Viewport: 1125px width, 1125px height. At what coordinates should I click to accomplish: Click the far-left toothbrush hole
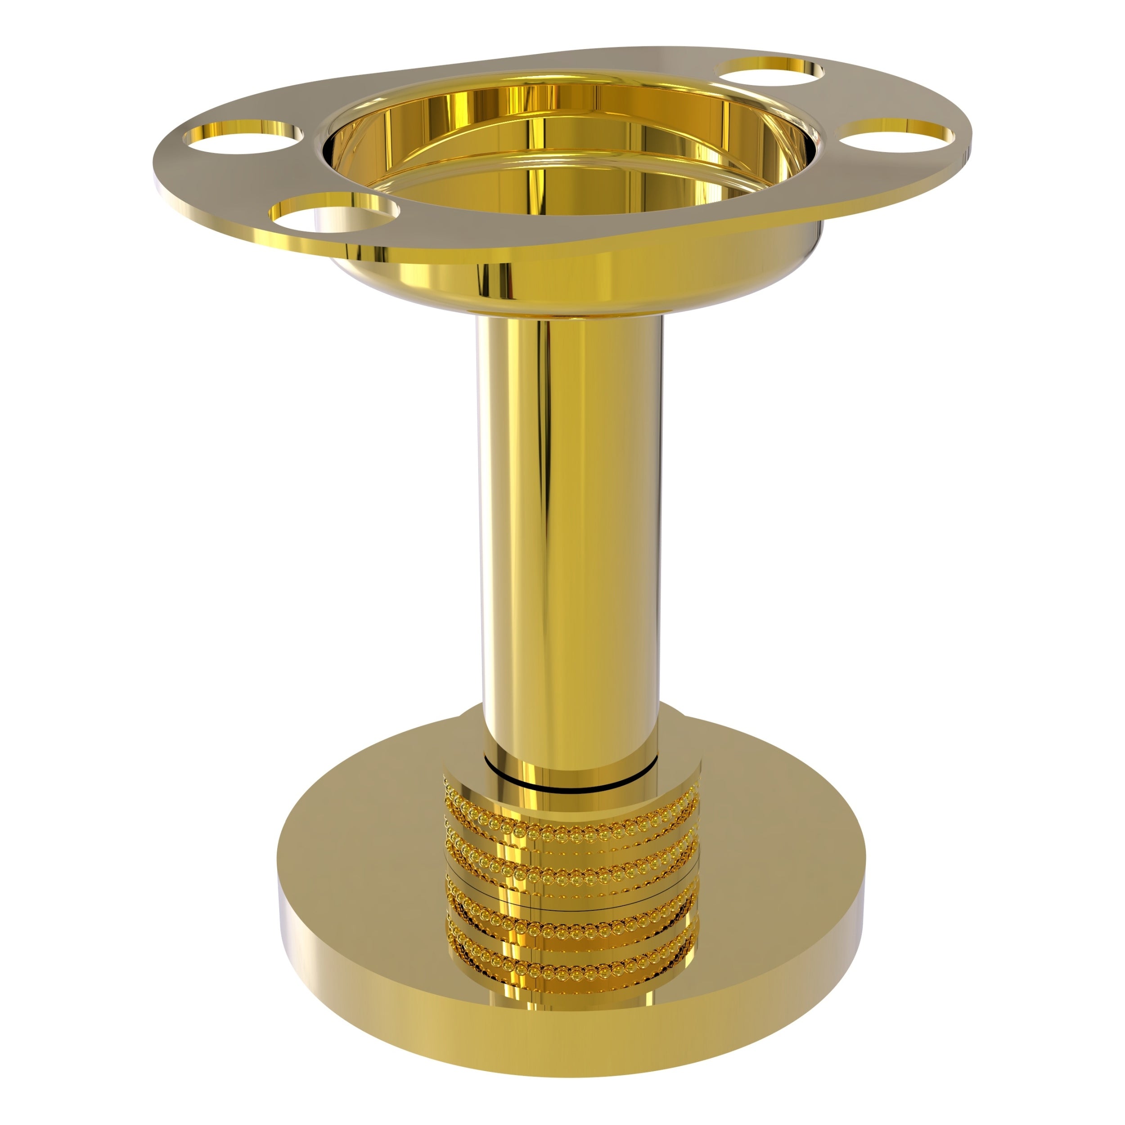[243, 137]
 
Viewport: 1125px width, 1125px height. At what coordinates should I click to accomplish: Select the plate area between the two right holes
[838, 99]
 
